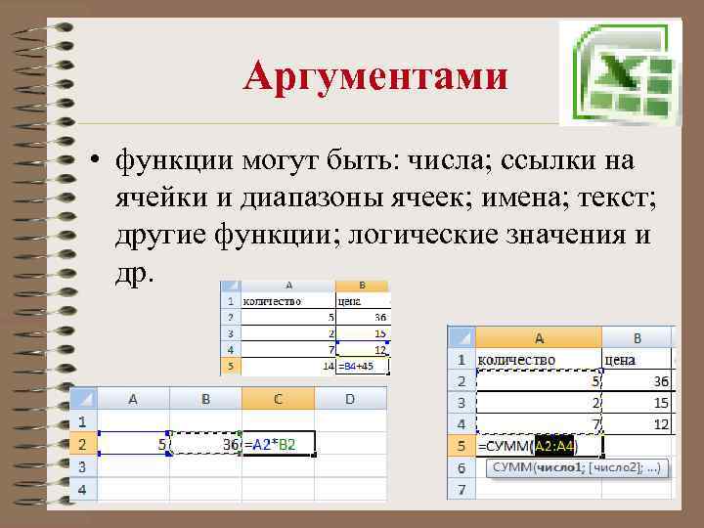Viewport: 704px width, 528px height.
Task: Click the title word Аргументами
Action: click(x=375, y=76)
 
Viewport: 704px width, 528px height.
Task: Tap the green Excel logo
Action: click(x=618, y=73)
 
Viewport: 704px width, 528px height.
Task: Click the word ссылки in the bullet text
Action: click(x=544, y=159)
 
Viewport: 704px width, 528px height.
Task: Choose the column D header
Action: click(x=350, y=399)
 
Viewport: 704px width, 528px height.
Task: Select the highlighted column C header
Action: click(x=278, y=399)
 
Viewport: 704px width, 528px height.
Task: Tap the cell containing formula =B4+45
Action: click(x=362, y=367)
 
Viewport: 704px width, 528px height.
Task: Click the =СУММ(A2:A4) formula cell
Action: click(x=528, y=447)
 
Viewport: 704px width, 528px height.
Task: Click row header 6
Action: click(x=461, y=468)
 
